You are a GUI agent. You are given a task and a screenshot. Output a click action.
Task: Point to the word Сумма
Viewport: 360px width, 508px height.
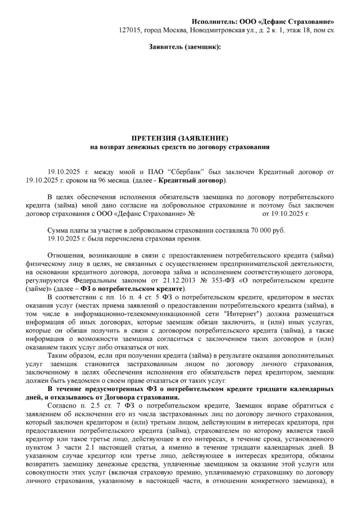tap(57, 230)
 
